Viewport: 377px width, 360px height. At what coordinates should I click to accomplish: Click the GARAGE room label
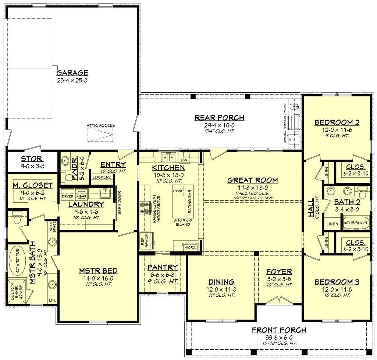click(72, 73)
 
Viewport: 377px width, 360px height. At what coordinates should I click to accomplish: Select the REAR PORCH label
click(219, 118)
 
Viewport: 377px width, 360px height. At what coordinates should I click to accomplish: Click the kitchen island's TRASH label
click(178, 191)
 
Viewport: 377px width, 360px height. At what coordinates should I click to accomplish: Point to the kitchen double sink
click(169, 157)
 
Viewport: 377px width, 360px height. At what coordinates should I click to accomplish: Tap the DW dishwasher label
click(184, 160)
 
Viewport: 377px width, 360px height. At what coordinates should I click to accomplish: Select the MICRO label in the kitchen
click(190, 247)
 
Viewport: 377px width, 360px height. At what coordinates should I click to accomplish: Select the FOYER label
click(279, 272)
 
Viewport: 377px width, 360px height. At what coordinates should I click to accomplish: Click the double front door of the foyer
click(279, 301)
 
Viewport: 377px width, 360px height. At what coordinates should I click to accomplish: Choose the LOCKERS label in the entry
click(102, 177)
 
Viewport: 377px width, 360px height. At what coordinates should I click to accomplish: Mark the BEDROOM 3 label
click(337, 282)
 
